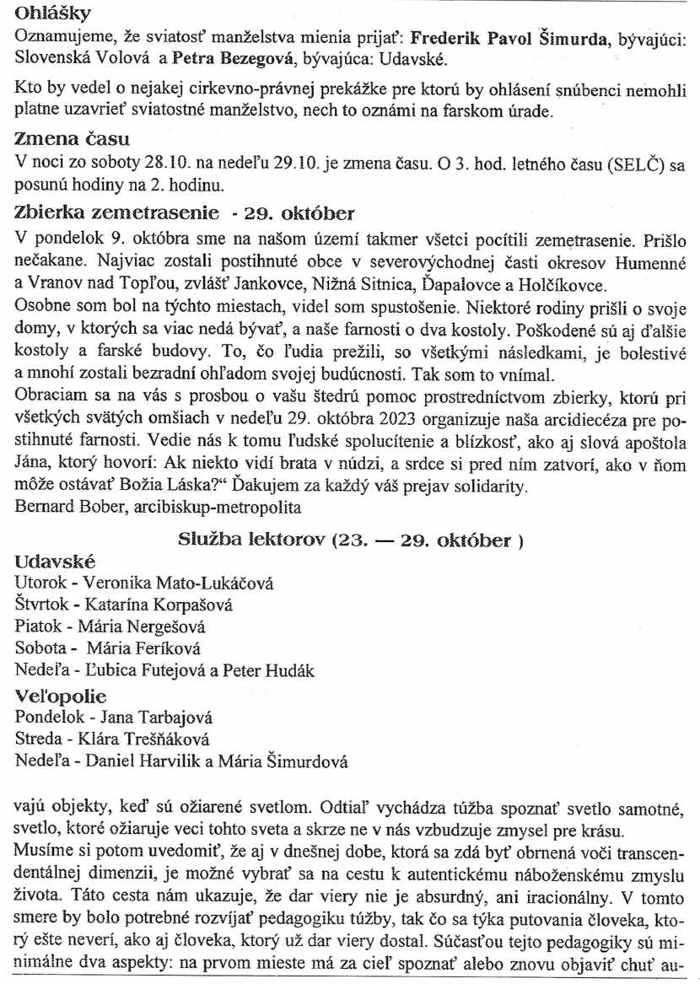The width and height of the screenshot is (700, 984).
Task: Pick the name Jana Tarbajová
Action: click(156, 718)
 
